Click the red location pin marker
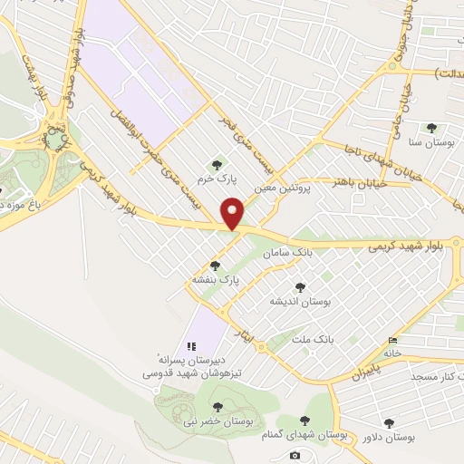[233, 213]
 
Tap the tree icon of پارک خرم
[216, 164]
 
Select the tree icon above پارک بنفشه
[215, 266]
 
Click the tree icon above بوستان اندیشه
[300, 287]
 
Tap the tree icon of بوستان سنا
[431, 129]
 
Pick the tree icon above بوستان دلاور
[389, 423]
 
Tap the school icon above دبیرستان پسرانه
[190, 346]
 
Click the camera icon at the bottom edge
[295, 454]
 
